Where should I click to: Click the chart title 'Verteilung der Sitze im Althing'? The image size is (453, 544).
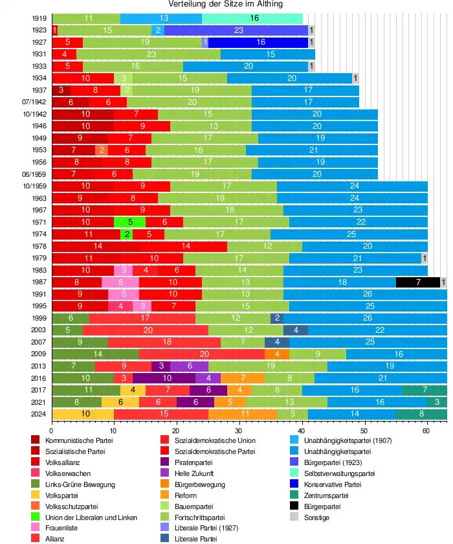pos(226,5)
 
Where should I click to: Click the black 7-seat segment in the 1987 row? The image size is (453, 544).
pos(418,282)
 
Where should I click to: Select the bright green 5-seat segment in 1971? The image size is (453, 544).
pos(130,222)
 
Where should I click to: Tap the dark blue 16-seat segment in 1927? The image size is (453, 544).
pos(261,42)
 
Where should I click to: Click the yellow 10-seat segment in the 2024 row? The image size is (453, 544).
pos(83,414)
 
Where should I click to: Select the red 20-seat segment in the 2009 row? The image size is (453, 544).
pos(204,354)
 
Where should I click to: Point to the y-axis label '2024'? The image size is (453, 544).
pos(38,414)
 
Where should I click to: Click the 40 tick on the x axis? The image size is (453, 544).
pos(302,429)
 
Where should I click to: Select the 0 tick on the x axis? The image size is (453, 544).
pos(52,429)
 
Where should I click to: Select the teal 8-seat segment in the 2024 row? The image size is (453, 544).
pos(421,414)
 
